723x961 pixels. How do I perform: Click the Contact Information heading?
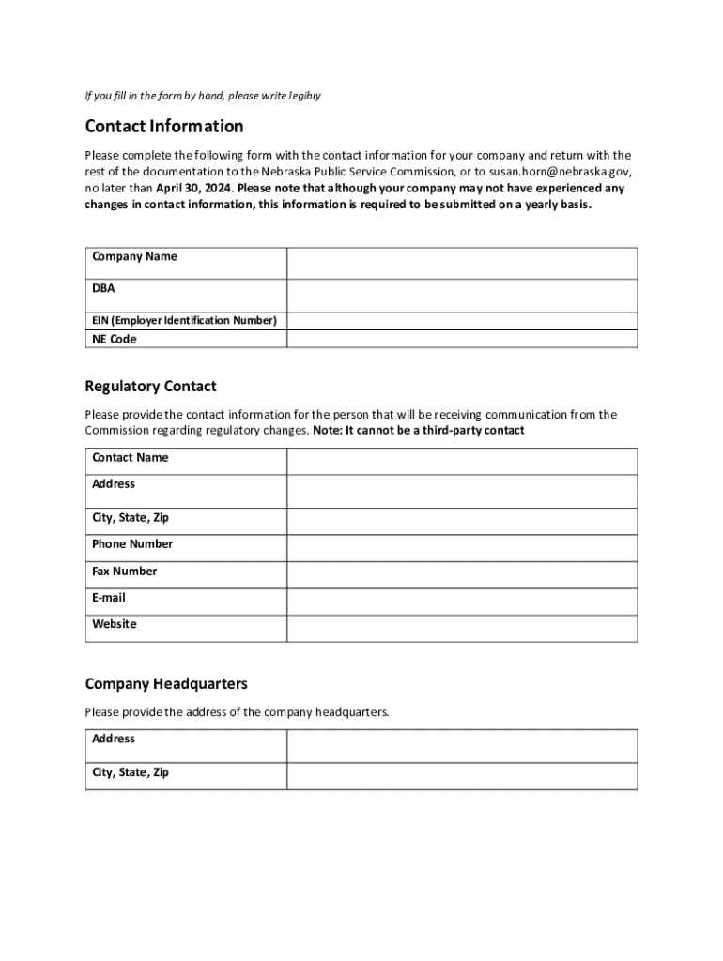164,127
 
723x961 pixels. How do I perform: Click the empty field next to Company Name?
462,263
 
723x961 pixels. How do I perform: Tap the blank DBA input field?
462,296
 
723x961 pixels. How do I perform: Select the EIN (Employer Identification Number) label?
184,321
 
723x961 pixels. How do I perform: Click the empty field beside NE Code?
462,339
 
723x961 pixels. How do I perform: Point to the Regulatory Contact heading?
150,387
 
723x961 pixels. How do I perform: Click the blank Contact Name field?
462,461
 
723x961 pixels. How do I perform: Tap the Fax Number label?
125,572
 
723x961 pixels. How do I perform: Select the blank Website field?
462,628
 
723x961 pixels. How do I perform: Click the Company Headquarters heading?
166,684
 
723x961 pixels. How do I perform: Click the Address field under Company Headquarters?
462,746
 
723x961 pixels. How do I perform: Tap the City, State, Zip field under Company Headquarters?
462,776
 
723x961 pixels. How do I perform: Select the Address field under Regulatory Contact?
462,491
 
